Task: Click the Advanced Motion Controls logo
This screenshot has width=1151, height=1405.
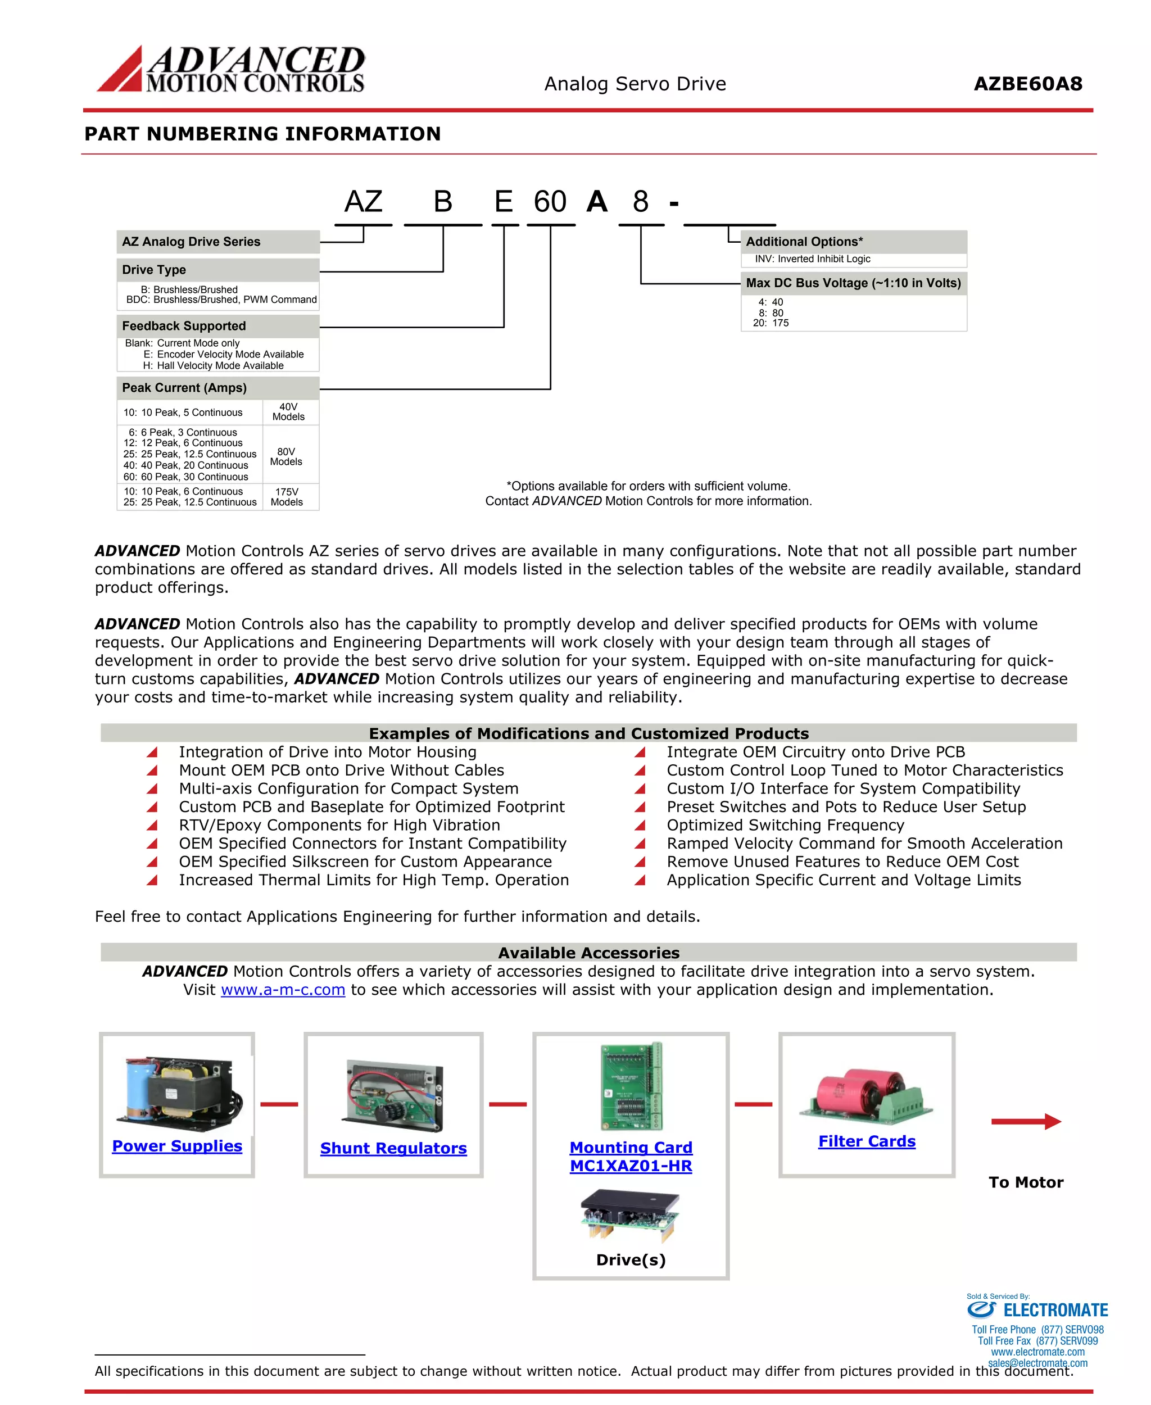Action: [231, 69]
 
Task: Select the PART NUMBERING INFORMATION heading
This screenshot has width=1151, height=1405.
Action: [262, 134]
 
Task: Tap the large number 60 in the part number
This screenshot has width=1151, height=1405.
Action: [550, 202]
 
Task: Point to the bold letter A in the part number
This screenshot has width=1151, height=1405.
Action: [597, 202]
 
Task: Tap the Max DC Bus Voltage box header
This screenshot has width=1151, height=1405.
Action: [853, 283]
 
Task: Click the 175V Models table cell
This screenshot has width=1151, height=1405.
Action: [287, 497]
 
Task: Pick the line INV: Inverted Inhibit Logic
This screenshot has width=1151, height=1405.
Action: [812, 259]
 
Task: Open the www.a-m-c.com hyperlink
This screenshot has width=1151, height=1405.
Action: [283, 990]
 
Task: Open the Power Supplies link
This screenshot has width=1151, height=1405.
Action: [177, 1146]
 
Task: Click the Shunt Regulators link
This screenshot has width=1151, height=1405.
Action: [393, 1148]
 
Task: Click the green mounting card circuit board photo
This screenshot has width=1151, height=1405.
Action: [631, 1086]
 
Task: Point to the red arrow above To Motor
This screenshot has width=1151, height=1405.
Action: [1026, 1122]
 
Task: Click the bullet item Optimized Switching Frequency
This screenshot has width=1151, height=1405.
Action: [785, 826]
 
